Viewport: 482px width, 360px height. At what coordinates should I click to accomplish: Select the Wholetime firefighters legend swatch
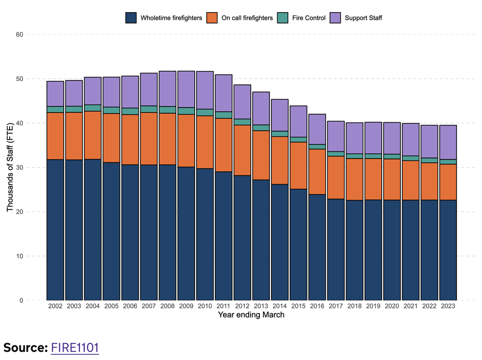(x=131, y=18)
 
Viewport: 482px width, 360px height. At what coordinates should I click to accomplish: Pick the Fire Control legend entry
(x=308, y=18)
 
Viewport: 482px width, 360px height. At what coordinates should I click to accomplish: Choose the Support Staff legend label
(x=363, y=18)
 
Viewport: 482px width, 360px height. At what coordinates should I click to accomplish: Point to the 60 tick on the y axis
(x=19, y=35)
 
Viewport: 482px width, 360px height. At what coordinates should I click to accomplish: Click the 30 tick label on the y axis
(x=19, y=168)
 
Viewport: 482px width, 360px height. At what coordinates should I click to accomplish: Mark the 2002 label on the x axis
(x=55, y=306)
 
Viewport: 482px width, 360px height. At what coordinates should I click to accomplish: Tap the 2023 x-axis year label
(x=448, y=306)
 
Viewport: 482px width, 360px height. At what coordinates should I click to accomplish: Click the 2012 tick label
(x=242, y=306)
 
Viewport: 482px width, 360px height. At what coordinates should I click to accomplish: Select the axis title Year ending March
(x=251, y=315)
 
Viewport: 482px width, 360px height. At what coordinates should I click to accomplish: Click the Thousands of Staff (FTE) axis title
(x=10, y=168)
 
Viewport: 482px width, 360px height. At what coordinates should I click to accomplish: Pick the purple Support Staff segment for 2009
(x=186, y=89)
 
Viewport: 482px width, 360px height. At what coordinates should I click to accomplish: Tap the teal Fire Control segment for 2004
(x=93, y=108)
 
